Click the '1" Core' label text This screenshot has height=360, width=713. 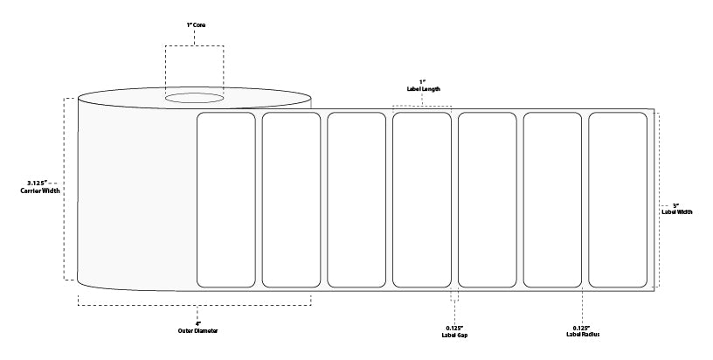click(x=196, y=25)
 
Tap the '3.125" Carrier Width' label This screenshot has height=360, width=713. click(x=40, y=187)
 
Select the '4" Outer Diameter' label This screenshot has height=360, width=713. click(x=197, y=328)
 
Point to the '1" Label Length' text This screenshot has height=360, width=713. click(x=423, y=86)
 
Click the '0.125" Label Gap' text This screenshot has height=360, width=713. click(x=454, y=331)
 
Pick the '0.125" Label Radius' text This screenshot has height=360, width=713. click(x=583, y=331)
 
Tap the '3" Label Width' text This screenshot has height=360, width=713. click(x=677, y=209)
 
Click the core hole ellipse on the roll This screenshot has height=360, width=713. click(x=194, y=98)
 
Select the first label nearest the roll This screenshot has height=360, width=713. click(x=226, y=200)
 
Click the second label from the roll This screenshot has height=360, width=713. click(x=291, y=200)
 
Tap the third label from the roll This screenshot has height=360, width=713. click(x=356, y=200)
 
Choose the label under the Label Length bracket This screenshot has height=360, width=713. click(x=422, y=200)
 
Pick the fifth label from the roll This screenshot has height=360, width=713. click(x=487, y=200)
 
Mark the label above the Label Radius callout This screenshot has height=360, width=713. click(x=552, y=200)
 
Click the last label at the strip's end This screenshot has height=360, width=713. click(x=618, y=200)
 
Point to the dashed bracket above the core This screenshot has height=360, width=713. click(x=194, y=45)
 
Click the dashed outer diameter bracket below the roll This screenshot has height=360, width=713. click(x=195, y=305)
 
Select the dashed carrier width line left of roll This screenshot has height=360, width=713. click(x=64, y=189)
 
